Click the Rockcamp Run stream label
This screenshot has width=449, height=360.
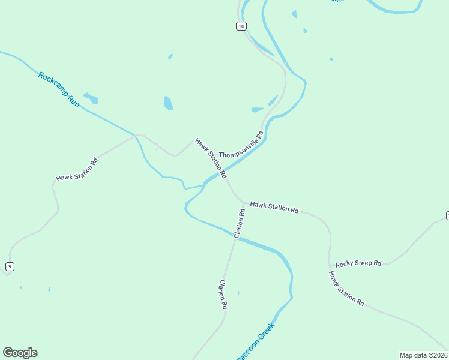click(x=59, y=90)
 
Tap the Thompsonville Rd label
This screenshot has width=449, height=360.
click(x=241, y=145)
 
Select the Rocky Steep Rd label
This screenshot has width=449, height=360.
click(x=358, y=263)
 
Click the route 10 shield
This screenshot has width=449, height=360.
click(x=241, y=26)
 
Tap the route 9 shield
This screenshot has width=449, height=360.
click(x=10, y=266)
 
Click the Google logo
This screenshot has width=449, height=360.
click(x=20, y=353)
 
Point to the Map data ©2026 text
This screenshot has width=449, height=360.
click(x=423, y=355)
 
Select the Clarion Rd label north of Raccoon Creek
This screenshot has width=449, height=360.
click(x=240, y=223)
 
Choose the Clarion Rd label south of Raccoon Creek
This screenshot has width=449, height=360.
click(x=223, y=294)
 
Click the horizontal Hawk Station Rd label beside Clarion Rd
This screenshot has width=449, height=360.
click(x=274, y=208)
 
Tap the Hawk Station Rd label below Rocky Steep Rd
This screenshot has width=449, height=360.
click(x=346, y=289)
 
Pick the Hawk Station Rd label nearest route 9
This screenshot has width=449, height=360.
click(x=77, y=170)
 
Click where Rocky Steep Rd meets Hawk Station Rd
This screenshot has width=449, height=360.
click(x=330, y=265)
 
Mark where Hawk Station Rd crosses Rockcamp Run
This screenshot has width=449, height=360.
click(x=137, y=136)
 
